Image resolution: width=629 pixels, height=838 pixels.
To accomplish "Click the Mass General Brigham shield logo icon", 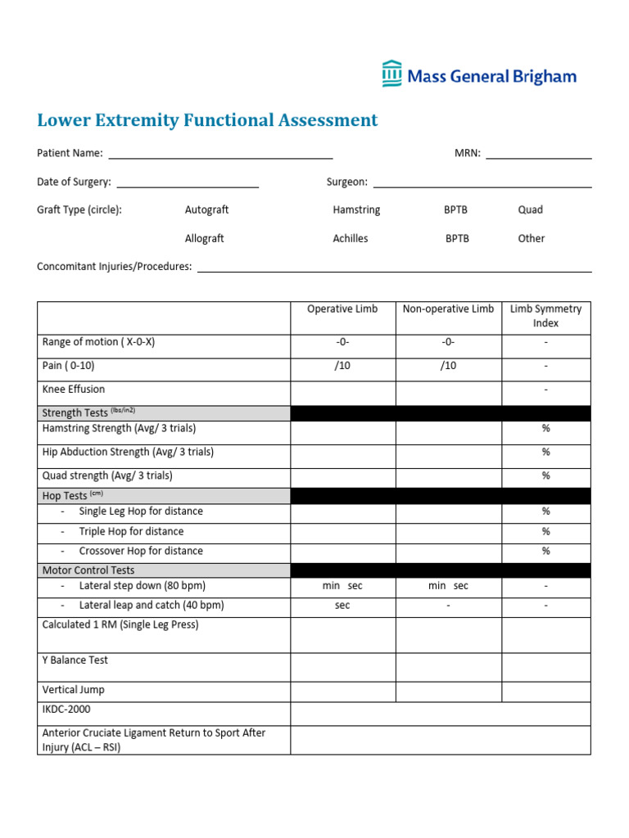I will pyautogui.click(x=392, y=74).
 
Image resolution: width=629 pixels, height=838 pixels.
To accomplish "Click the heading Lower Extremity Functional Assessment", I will pyautogui.click(x=207, y=120).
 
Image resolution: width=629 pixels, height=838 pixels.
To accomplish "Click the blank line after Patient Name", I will pyautogui.click(x=220, y=154).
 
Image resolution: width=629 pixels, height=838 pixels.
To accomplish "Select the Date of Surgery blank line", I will pyautogui.click(x=188, y=183).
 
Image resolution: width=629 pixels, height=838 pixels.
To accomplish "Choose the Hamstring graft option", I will pyautogui.click(x=356, y=209).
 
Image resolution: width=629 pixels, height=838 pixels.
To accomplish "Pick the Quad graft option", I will pyautogui.click(x=530, y=209).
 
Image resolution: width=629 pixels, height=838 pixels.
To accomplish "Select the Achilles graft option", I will pyautogui.click(x=350, y=238).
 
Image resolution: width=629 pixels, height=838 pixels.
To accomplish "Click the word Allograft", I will pyautogui.click(x=204, y=238).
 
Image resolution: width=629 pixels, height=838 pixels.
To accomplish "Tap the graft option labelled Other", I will pyautogui.click(x=531, y=238).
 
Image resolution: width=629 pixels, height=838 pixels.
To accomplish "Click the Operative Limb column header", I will pyautogui.click(x=342, y=309).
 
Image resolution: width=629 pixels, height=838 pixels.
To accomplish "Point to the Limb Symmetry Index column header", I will pyautogui.click(x=545, y=316).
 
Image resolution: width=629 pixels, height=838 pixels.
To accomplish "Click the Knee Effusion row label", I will pyautogui.click(x=74, y=390).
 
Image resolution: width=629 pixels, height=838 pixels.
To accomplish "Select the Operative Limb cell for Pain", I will pyautogui.click(x=342, y=367).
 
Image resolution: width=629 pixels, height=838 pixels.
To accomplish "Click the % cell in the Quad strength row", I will pyautogui.click(x=545, y=475).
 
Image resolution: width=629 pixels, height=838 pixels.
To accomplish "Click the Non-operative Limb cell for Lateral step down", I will pyautogui.click(x=448, y=586).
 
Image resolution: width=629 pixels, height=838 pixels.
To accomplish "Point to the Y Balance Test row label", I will pyautogui.click(x=75, y=660).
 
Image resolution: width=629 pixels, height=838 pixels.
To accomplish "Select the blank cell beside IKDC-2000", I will pyautogui.click(x=440, y=710).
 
